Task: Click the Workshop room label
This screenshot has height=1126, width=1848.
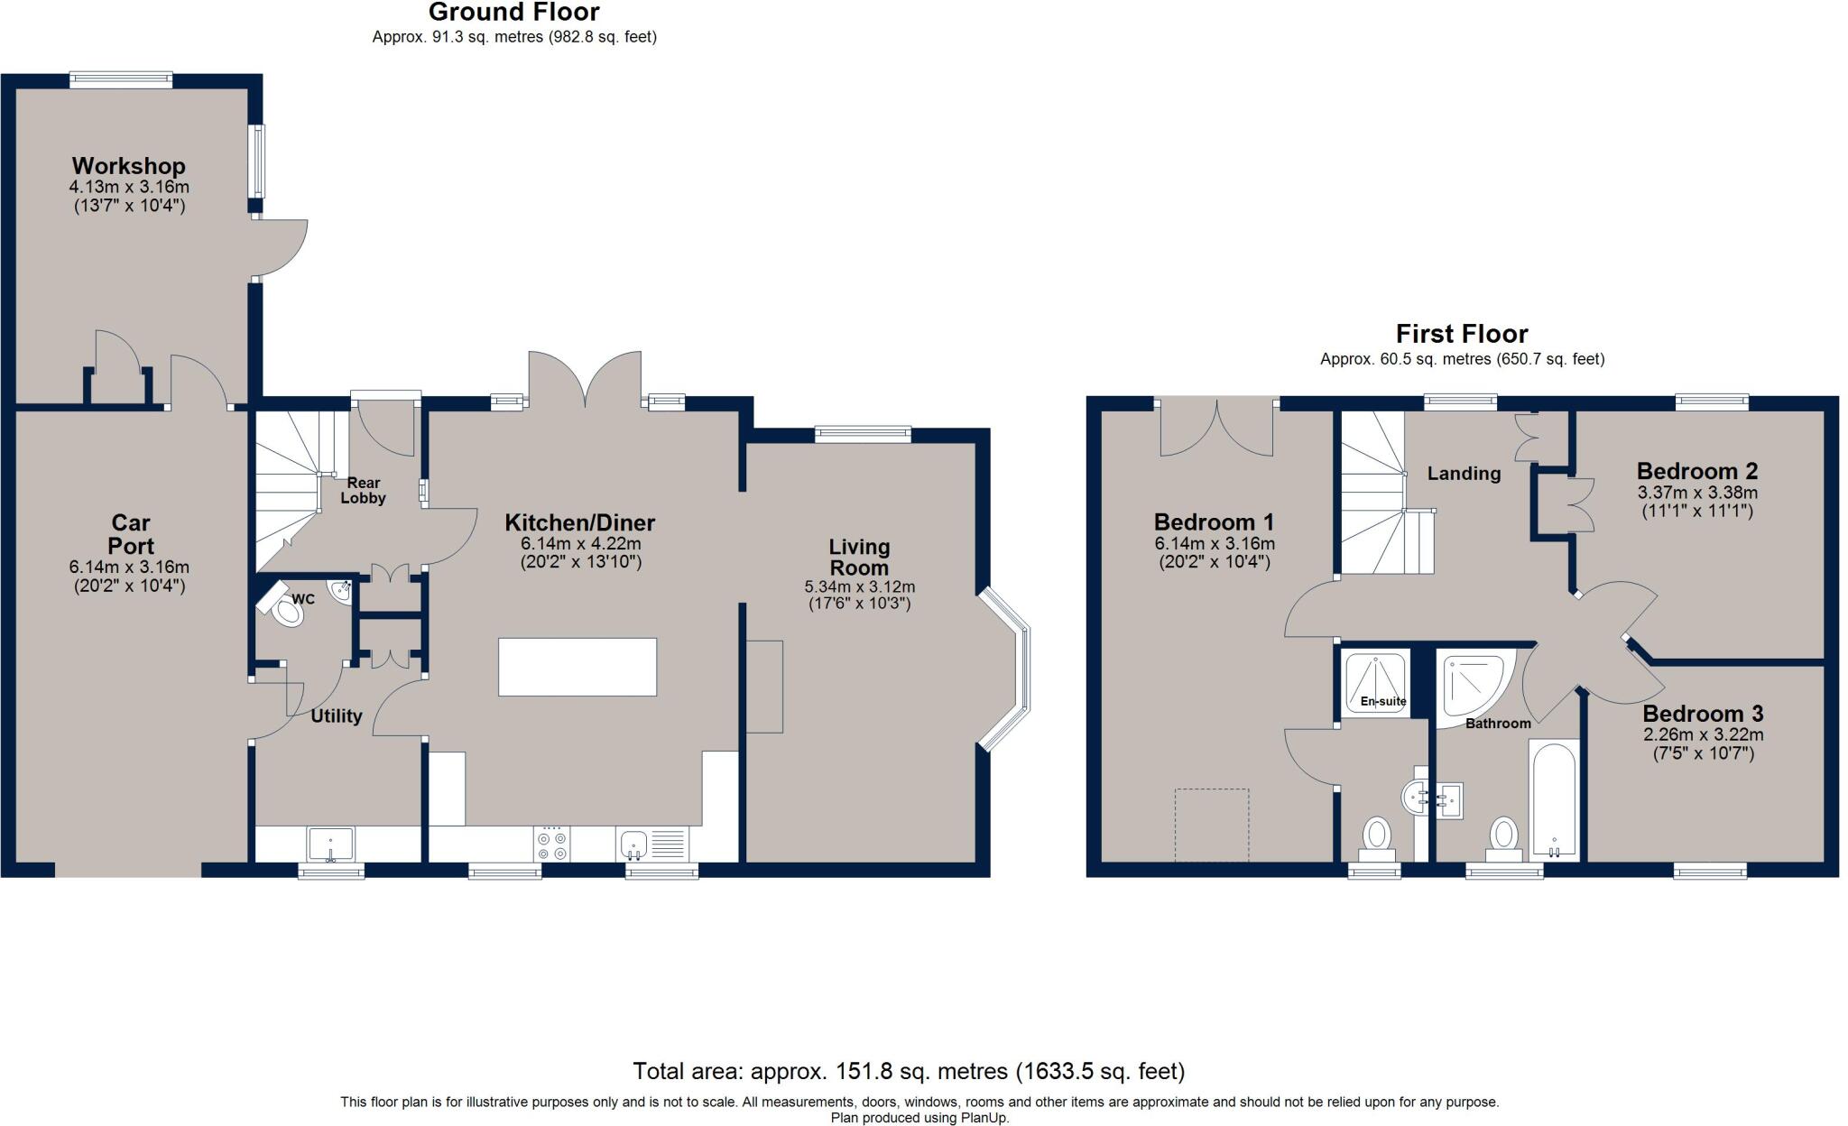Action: (x=129, y=166)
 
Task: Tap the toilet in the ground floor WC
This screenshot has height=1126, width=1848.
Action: (x=286, y=611)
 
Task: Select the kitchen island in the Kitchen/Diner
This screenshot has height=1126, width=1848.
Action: (x=577, y=667)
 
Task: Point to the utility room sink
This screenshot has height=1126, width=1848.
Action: (x=331, y=844)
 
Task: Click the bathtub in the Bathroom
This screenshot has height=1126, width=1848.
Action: (x=1554, y=799)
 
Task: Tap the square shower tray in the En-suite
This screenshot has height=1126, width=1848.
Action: (x=1375, y=683)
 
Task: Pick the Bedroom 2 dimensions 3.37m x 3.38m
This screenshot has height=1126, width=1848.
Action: (x=1697, y=494)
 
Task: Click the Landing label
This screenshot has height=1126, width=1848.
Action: (x=1464, y=474)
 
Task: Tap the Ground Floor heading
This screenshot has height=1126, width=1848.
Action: (x=513, y=13)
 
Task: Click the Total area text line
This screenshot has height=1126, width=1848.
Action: (x=909, y=1072)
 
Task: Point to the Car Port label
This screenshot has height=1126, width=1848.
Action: (x=131, y=534)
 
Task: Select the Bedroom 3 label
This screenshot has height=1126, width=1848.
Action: (x=1703, y=714)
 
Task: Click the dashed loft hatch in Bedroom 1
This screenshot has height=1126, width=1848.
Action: (x=1212, y=825)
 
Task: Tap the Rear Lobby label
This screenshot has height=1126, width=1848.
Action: (x=363, y=490)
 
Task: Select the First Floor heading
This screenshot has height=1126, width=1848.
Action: (x=1462, y=334)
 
